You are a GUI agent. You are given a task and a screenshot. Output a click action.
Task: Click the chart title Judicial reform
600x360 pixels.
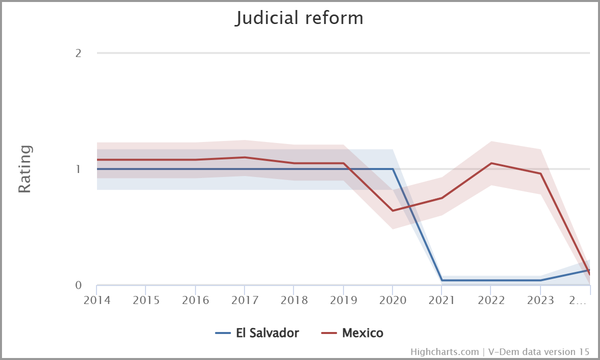tap(299, 18)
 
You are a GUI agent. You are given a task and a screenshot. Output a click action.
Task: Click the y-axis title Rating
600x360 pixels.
tap(25, 169)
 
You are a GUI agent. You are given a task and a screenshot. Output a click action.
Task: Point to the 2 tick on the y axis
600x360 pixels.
tap(78, 53)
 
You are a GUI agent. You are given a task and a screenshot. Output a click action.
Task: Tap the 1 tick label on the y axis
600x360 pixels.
tap(78, 169)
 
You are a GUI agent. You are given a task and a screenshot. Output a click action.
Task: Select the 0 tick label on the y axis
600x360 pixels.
tap(78, 285)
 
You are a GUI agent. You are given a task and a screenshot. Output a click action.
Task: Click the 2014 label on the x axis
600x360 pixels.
tap(97, 300)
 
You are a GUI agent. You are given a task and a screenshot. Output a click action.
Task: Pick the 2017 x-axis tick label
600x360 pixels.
tap(244, 300)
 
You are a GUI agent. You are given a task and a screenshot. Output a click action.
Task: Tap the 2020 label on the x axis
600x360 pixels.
tap(392, 300)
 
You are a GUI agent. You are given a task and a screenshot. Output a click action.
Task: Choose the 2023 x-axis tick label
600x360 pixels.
tap(540, 300)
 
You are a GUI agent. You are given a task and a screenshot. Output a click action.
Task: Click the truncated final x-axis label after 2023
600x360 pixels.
tap(579, 300)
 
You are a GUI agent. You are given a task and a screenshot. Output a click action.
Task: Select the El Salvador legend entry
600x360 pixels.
tap(257, 333)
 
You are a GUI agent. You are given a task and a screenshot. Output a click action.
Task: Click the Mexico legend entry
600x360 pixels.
tap(352, 333)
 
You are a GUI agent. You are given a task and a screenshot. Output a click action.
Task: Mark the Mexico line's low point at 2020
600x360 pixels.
tap(392, 210)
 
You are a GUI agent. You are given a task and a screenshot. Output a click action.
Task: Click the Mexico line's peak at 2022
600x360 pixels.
tap(491, 163)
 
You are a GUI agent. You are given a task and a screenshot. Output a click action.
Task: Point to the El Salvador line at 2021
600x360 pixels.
tap(442, 280)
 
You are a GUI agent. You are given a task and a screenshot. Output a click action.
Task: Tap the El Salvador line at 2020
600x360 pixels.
tap(392, 169)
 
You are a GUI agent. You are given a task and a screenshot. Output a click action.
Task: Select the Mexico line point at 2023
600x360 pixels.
tap(540, 173)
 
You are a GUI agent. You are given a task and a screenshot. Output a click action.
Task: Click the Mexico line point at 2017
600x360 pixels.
tap(244, 157)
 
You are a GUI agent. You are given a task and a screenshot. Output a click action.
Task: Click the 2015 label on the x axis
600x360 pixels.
tap(146, 300)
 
